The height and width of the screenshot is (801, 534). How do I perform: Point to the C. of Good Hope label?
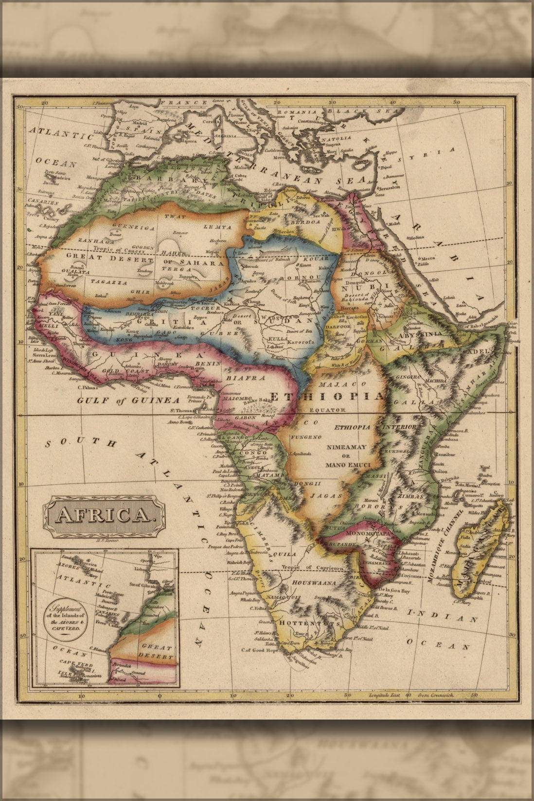(261, 650)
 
